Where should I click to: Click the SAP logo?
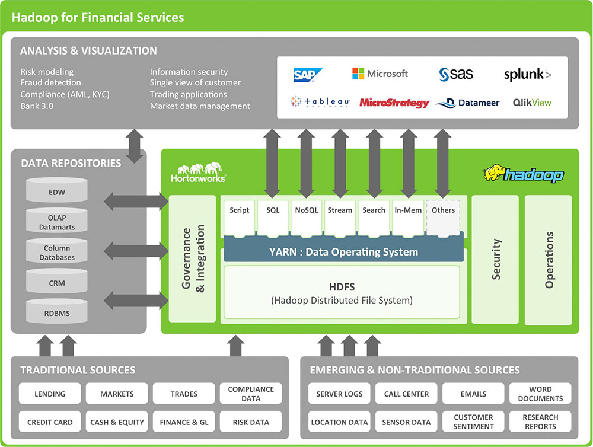point(307,75)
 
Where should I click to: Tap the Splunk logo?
point(528,75)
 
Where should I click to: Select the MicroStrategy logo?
point(394,103)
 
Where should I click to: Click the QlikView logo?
point(532,103)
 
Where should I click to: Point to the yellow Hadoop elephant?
point(494,173)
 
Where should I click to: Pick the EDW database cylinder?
point(57,190)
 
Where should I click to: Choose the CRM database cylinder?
point(57,281)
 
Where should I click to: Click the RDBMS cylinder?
point(57,311)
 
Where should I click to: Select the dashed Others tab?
point(443,218)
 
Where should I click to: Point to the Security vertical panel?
point(495,260)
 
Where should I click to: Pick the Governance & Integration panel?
point(193,258)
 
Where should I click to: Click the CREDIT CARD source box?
point(50,422)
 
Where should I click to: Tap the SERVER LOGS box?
point(339,393)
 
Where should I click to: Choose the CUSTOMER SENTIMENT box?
point(473,422)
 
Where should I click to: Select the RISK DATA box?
point(251,422)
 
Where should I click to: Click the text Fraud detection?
point(50,82)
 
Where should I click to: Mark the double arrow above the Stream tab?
point(340,164)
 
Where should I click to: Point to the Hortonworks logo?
point(199,173)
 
